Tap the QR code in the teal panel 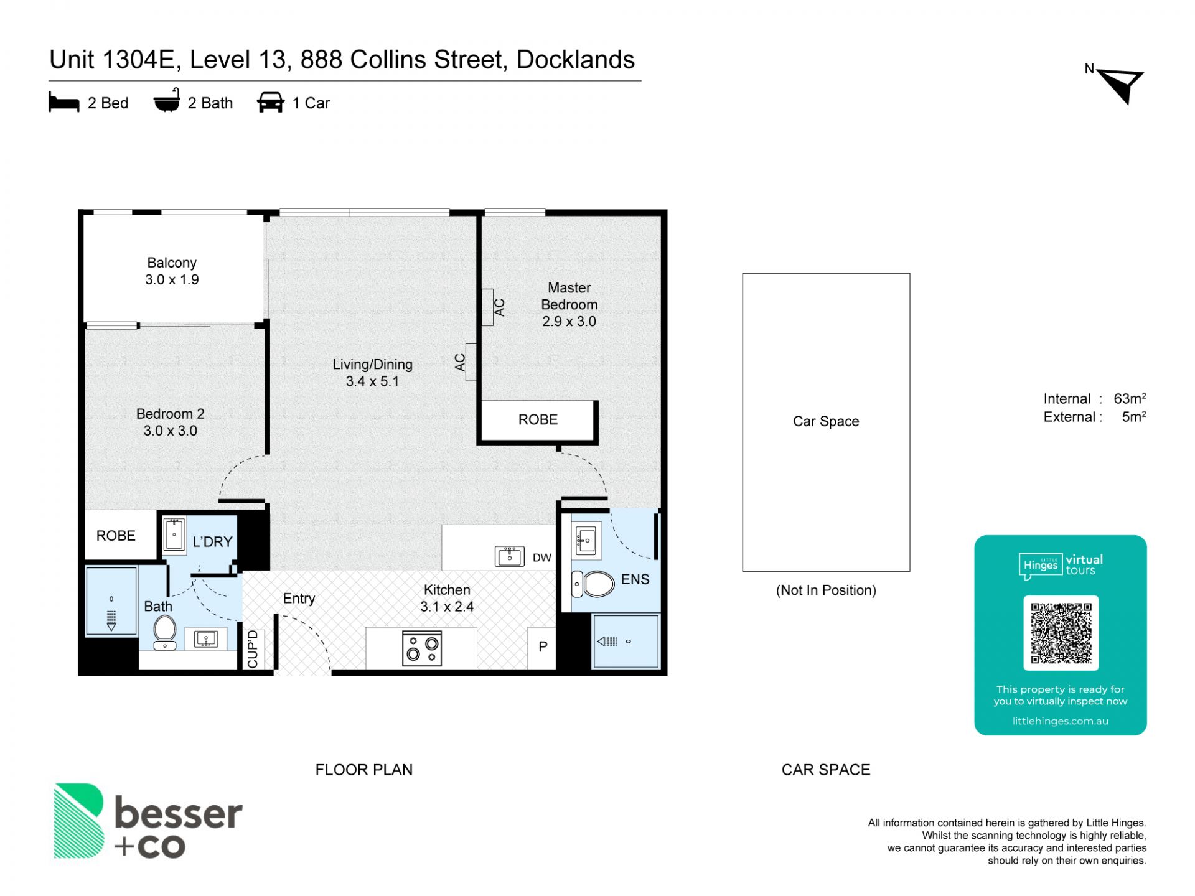pyautogui.click(x=1061, y=633)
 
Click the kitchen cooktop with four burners pyautogui.click(x=422, y=648)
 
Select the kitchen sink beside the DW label pyautogui.click(x=509, y=556)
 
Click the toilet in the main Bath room pyautogui.click(x=165, y=632)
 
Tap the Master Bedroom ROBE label pyautogui.click(x=538, y=420)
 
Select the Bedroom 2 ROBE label pyautogui.click(x=116, y=536)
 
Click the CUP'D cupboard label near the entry pyautogui.click(x=253, y=649)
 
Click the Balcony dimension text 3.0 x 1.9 pyautogui.click(x=172, y=280)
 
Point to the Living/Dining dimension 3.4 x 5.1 pyautogui.click(x=372, y=381)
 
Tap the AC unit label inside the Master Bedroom pyautogui.click(x=499, y=307)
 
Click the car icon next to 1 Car pyautogui.click(x=271, y=103)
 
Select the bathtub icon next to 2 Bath pyautogui.click(x=167, y=101)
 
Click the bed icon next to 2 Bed pyautogui.click(x=64, y=103)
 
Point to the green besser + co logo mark pyautogui.click(x=78, y=821)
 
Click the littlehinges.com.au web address pyautogui.click(x=1061, y=721)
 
